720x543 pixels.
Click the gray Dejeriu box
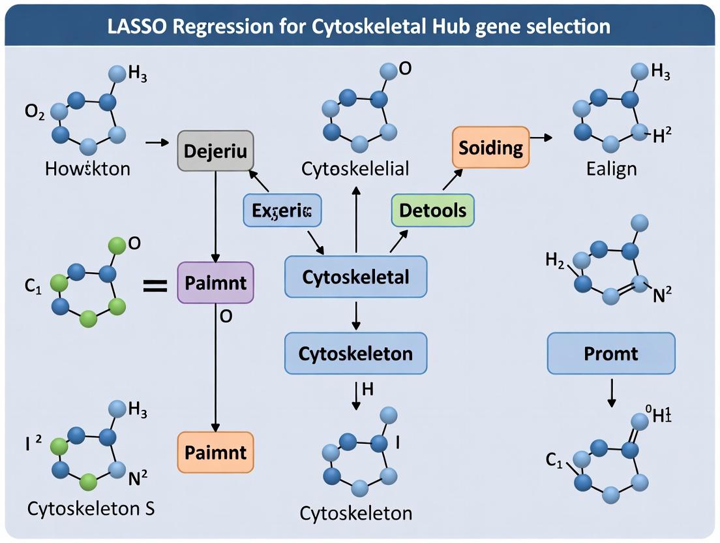point(215,151)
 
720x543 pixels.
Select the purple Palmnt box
point(215,283)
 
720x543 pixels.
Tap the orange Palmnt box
point(215,452)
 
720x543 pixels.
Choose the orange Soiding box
point(490,147)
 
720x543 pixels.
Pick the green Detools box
point(432,210)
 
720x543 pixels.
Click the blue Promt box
point(611,353)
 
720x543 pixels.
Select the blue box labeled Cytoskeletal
point(355,277)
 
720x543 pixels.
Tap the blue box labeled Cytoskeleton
point(355,353)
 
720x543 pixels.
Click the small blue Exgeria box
point(282,210)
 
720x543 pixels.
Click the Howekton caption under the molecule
point(87,168)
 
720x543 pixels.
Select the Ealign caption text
point(611,168)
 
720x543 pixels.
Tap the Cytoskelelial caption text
point(355,168)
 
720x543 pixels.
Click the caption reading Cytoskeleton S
point(91,508)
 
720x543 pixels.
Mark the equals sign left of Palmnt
point(155,284)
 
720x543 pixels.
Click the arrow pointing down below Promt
point(611,393)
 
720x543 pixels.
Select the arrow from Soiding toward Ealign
point(541,138)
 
